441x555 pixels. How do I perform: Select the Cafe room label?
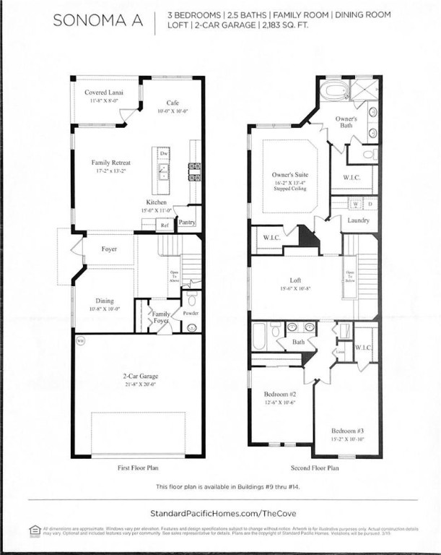173,103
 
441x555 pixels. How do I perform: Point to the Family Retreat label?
110,163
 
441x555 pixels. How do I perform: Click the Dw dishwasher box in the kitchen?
164,154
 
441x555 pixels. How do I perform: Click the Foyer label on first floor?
110,249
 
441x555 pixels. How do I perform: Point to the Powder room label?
191,314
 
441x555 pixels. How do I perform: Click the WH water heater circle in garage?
81,339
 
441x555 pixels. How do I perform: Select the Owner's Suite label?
289,175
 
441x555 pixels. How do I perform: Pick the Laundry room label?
358,220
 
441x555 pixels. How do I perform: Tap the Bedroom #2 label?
279,394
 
